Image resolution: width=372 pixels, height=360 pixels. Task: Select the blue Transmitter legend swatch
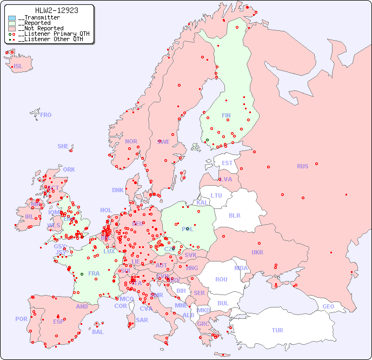pos(12,18)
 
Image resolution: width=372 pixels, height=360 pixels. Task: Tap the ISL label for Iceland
pos(18,67)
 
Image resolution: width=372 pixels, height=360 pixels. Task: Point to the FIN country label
pos(226,115)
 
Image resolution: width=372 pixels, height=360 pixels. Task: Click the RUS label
pos(302,166)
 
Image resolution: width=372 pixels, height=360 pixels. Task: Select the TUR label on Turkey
pos(277,330)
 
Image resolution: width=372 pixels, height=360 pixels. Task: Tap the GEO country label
pos(328,306)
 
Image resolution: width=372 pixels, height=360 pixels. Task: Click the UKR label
pos(257,252)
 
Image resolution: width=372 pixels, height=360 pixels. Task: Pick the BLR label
pos(234,215)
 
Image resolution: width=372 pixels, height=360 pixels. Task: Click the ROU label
pos(221,279)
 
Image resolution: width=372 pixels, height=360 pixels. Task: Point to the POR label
pos(21,319)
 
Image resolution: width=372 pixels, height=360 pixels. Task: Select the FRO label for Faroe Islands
pos(45,115)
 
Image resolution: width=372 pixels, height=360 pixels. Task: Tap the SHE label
pos(63,146)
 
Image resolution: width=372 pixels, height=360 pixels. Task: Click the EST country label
pos(227,163)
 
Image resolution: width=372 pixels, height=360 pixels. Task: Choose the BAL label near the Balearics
pos(97,332)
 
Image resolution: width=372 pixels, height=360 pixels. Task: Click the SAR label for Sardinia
pos(142,320)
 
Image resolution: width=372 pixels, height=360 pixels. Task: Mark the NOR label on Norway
pos(131,141)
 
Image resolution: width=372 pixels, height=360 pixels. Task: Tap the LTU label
pos(216,195)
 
